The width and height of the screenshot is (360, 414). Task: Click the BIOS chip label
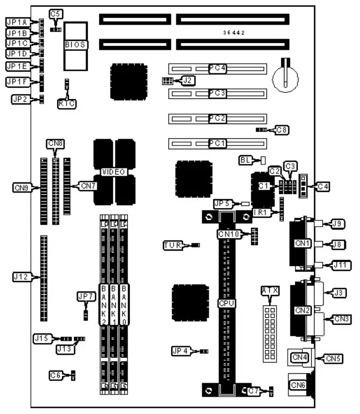point(76,44)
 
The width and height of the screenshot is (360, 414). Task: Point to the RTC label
point(67,103)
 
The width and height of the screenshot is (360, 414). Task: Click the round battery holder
point(286,79)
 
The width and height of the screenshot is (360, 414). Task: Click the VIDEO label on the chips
point(114,172)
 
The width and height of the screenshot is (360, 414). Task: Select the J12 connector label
point(21,276)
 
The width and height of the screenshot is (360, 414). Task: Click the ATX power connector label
point(270,290)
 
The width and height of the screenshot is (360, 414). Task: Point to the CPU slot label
point(227,303)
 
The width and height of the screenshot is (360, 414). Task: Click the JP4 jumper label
point(182,351)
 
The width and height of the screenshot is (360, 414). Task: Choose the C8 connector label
point(283,130)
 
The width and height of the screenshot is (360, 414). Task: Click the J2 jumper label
point(188,81)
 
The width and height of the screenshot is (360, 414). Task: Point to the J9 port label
point(337,224)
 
